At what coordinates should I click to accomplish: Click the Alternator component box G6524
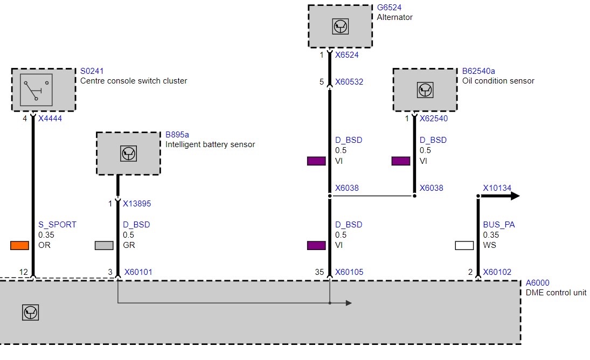point(340,26)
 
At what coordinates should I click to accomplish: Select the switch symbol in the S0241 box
point(36,90)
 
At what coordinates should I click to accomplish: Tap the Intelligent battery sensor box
point(128,154)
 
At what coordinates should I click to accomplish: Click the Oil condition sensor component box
point(425,90)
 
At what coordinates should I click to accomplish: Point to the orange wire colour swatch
point(19,245)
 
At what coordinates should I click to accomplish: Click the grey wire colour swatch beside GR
point(104,245)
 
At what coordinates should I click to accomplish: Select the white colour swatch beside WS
point(464,245)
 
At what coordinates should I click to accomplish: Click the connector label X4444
point(50,119)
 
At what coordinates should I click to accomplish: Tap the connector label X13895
point(137,204)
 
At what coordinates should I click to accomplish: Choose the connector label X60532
point(349,82)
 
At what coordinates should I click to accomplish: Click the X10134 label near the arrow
point(497,188)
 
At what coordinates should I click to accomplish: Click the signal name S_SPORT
point(57,225)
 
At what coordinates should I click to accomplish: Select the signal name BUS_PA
point(499,225)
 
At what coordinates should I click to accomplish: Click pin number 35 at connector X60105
point(320,272)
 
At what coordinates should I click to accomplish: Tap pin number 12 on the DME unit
point(23,272)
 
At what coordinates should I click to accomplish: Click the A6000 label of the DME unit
point(537,283)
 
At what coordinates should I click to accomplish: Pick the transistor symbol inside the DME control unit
point(31,313)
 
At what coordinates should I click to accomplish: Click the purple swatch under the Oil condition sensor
point(401,161)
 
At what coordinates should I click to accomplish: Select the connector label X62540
point(434,119)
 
